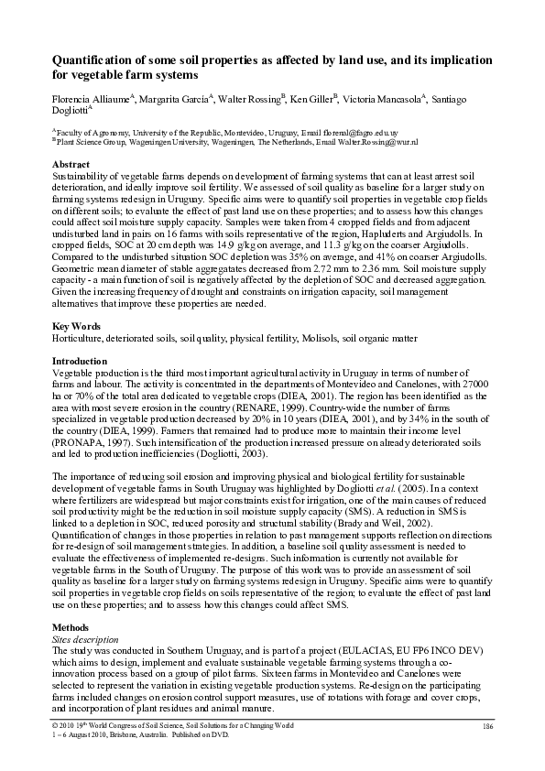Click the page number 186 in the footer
[x=487, y=725]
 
